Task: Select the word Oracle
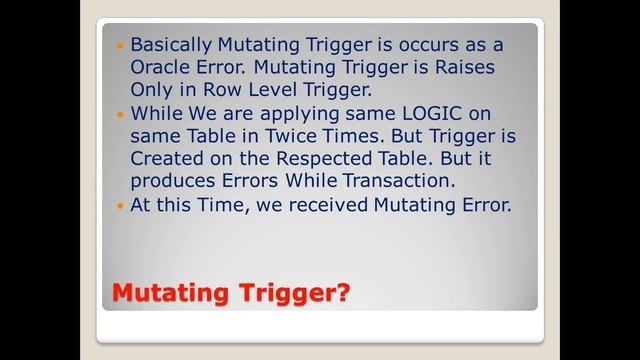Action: click(x=162, y=68)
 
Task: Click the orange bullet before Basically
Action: click(x=121, y=46)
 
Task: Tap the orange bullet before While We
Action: click(x=121, y=115)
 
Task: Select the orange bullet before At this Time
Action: click(x=121, y=207)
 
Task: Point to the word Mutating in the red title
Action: click(x=170, y=293)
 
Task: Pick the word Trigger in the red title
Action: click(x=285, y=293)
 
